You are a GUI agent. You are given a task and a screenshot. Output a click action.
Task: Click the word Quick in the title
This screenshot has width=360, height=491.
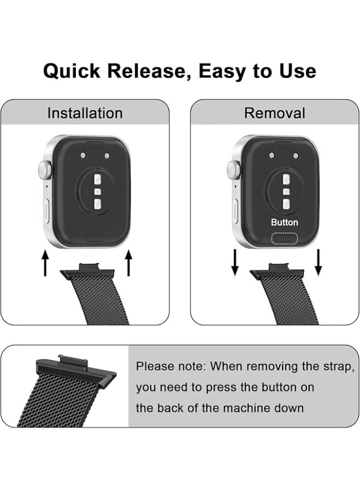click(71, 71)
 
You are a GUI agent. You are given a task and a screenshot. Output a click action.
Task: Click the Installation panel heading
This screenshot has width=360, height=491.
click(85, 113)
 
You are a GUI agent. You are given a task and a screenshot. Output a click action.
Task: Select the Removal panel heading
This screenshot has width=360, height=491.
click(275, 113)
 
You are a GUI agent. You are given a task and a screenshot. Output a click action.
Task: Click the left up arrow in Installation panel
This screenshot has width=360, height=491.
click(45, 264)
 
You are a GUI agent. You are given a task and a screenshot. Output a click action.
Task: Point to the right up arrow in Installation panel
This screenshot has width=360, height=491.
click(129, 264)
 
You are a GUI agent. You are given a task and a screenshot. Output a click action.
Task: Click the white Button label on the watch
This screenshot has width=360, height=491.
click(285, 223)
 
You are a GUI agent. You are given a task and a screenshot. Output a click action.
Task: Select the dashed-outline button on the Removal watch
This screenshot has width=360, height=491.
click(285, 238)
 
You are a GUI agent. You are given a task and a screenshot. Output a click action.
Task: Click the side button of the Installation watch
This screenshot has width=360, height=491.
click(46, 209)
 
